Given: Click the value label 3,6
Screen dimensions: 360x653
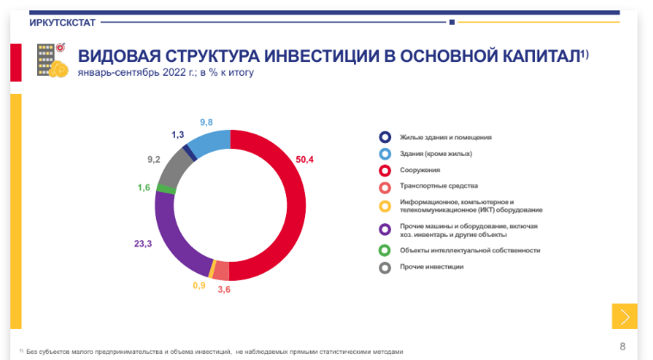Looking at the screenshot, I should click(x=223, y=289).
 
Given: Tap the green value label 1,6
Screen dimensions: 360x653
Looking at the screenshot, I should click(x=144, y=188).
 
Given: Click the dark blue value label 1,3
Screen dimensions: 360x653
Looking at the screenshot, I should click(x=178, y=134).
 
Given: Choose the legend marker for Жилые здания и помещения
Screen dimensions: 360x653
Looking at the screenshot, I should click(x=384, y=137).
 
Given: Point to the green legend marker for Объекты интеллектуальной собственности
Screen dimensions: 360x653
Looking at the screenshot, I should click(x=384, y=250).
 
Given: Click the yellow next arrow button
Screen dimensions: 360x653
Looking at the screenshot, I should click(x=625, y=316).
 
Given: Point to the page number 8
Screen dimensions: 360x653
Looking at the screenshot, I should click(x=623, y=346).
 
